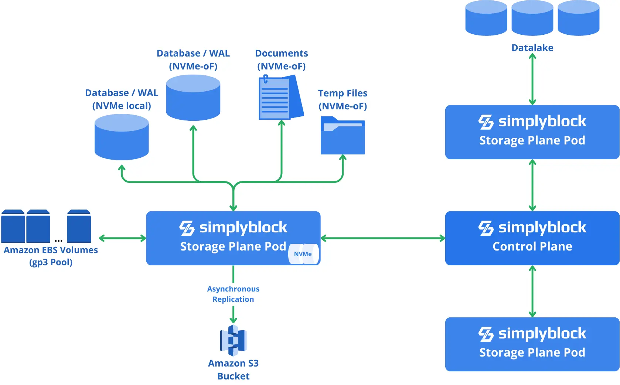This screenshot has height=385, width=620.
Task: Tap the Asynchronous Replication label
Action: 233,294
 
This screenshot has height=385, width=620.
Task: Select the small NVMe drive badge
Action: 303,254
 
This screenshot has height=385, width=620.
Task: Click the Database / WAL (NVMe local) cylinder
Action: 122,137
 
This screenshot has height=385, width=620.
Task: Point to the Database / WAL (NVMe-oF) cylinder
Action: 193,98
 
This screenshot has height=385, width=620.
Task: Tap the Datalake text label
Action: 532,48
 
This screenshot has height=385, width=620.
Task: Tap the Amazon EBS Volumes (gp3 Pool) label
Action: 51,256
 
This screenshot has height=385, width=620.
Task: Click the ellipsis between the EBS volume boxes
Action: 59,241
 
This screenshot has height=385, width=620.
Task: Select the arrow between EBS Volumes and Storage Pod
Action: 122,238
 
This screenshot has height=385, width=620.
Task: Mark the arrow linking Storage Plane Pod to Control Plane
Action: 383,238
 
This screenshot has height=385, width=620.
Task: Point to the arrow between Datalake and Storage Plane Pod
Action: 532,79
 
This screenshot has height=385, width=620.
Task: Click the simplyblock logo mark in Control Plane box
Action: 486,228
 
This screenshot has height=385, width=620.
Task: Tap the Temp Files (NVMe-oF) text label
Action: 343,99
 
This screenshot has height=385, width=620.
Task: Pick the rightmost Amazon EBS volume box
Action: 79,226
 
